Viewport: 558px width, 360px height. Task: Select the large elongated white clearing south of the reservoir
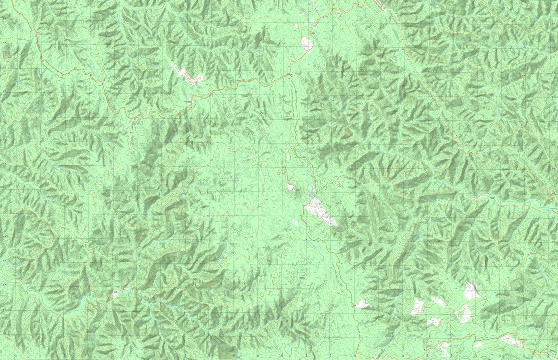321,213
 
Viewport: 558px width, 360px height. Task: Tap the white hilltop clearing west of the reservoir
291,187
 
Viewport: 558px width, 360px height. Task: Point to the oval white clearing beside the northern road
306,43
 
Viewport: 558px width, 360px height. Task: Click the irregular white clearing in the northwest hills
189,75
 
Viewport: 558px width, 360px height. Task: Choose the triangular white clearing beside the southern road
362,304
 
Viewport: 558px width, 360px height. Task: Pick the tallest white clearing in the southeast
472,291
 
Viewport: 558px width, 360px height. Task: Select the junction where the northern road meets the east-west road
290,74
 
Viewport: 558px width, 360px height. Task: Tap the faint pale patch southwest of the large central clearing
295,223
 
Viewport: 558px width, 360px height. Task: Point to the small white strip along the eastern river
477,198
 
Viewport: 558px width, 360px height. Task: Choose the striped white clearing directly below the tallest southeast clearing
464,313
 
